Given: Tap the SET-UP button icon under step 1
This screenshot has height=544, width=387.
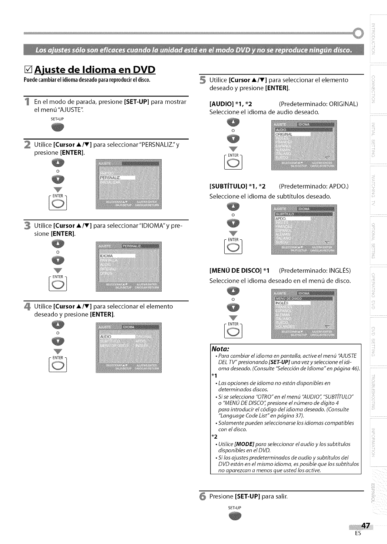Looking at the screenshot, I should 58,127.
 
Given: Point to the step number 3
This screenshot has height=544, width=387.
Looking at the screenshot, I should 27,225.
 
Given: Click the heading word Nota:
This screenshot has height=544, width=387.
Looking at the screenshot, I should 220,349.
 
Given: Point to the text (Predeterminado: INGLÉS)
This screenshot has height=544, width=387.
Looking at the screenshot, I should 314,271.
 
